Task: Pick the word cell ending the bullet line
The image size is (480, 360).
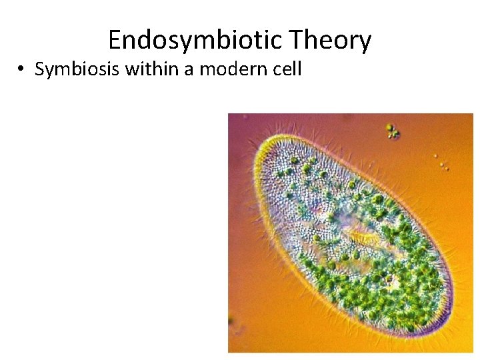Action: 285,69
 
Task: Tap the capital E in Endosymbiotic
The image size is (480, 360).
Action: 115,41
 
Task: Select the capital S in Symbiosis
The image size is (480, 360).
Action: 39,69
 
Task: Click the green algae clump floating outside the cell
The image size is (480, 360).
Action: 392,131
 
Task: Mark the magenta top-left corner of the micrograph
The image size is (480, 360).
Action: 233,119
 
